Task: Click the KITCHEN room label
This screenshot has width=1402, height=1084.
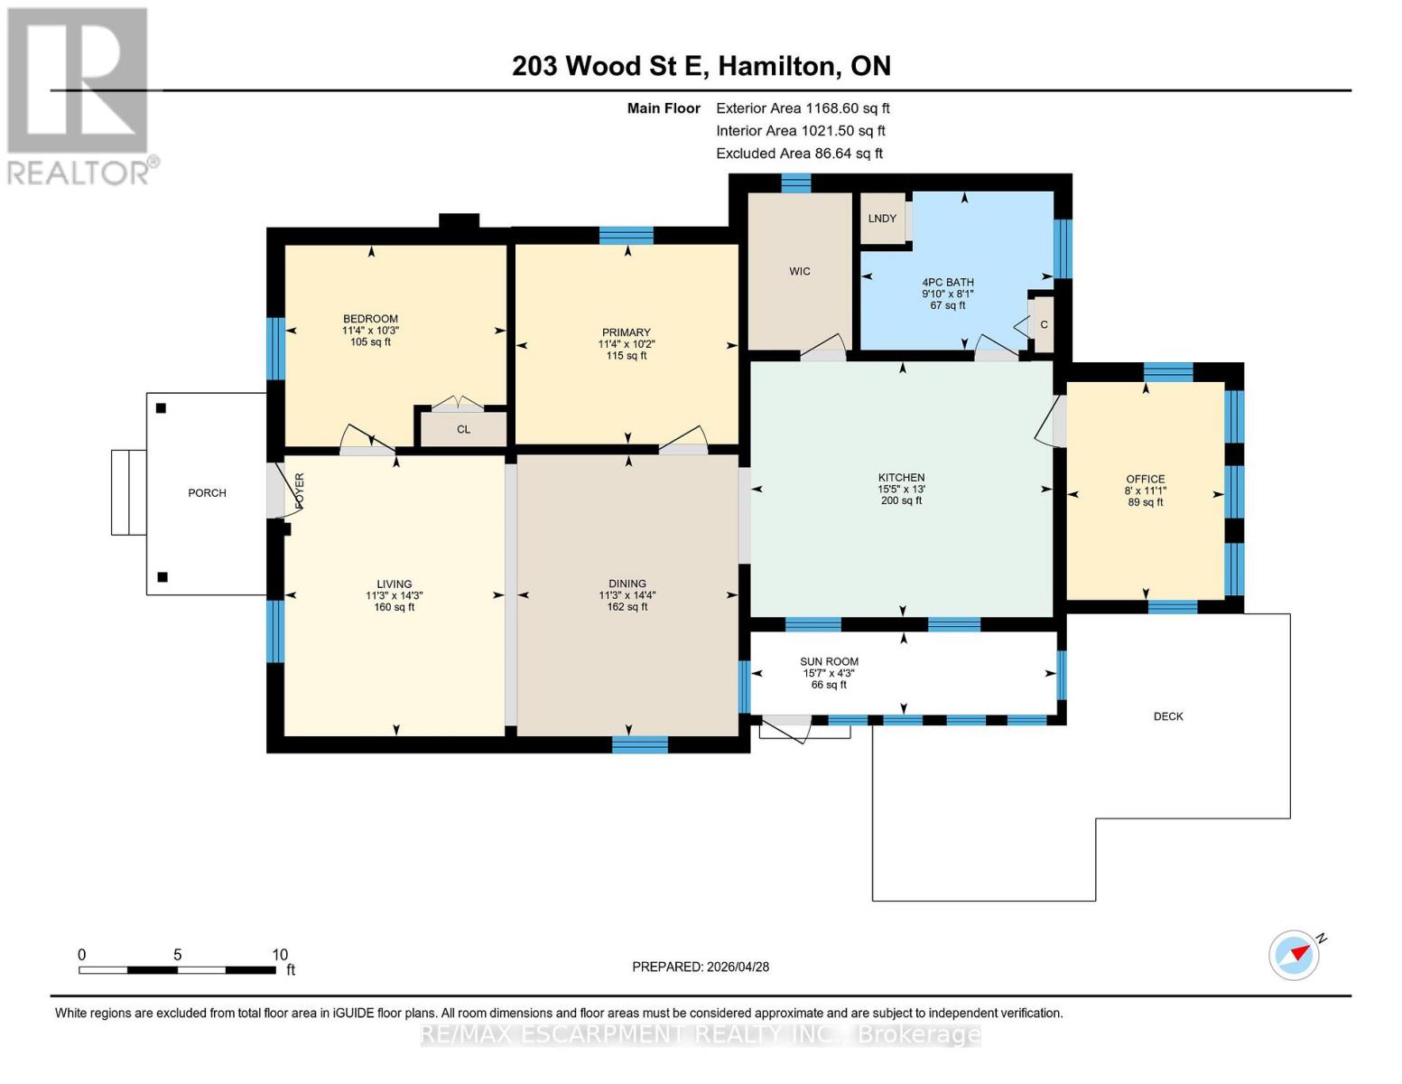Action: point(901,477)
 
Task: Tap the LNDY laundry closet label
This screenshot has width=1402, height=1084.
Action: point(881,219)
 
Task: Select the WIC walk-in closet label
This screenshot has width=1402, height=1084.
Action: point(799,271)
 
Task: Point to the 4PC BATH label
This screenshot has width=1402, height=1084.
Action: point(947,282)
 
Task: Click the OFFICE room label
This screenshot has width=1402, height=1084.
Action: point(1146,479)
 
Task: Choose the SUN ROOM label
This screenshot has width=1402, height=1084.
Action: point(829,662)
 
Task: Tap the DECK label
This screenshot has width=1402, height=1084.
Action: point(1168,716)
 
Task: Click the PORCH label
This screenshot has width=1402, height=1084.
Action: point(207,493)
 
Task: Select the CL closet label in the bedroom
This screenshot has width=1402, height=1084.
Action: point(463,429)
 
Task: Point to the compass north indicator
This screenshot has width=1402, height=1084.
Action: point(1294,956)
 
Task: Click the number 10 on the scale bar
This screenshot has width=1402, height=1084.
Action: point(279,955)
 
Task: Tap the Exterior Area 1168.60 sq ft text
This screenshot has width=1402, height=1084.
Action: point(803,108)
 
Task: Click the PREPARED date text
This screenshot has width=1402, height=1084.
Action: point(700,967)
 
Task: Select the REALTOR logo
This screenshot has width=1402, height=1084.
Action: point(79,97)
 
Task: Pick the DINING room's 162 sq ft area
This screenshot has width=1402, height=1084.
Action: point(627,607)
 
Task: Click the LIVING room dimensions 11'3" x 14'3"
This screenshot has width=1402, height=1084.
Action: point(395,596)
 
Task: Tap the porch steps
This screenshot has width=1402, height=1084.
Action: point(129,492)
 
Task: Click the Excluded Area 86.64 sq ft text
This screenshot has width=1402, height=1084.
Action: point(799,154)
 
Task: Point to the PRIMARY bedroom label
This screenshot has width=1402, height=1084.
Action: point(626,332)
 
